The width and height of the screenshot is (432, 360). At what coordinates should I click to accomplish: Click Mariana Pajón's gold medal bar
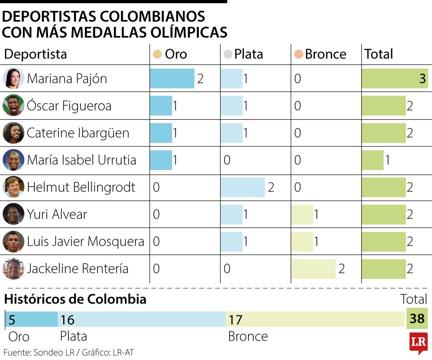coord(172,78)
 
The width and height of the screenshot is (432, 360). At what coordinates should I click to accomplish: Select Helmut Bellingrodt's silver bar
coord(242,187)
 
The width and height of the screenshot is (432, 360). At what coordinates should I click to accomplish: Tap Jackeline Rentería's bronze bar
coord(313,269)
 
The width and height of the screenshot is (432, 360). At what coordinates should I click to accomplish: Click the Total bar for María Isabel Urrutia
coord(372,160)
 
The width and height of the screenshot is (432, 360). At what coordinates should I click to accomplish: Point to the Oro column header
coord(170,54)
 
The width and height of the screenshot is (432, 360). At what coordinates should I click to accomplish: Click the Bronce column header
coord(320,54)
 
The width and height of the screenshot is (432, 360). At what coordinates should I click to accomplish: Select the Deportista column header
coord(36,54)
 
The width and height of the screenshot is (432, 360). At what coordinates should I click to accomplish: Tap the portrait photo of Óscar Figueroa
coord(13,106)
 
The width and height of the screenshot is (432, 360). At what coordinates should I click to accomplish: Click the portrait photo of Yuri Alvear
coord(13,214)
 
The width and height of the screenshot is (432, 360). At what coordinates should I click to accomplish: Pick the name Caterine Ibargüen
coord(78,133)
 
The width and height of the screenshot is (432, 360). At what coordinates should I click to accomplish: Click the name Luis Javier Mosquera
coord(85,242)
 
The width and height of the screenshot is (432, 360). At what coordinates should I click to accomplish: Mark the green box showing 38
coord(417,318)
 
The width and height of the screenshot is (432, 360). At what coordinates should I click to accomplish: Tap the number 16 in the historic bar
coord(67,320)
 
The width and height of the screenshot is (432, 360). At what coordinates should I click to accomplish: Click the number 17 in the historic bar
coord(235,320)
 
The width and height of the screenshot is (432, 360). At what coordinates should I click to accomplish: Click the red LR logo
coord(418,343)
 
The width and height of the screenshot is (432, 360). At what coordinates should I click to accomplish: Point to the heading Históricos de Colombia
coord(75,299)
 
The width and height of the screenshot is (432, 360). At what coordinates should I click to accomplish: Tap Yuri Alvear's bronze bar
coord(302,214)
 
